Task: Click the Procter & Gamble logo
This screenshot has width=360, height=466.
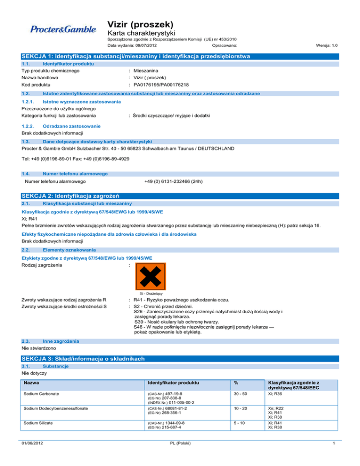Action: pyautogui.click(x=63, y=30)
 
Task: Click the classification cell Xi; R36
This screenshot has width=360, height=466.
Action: pyautogui.click(x=276, y=394)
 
